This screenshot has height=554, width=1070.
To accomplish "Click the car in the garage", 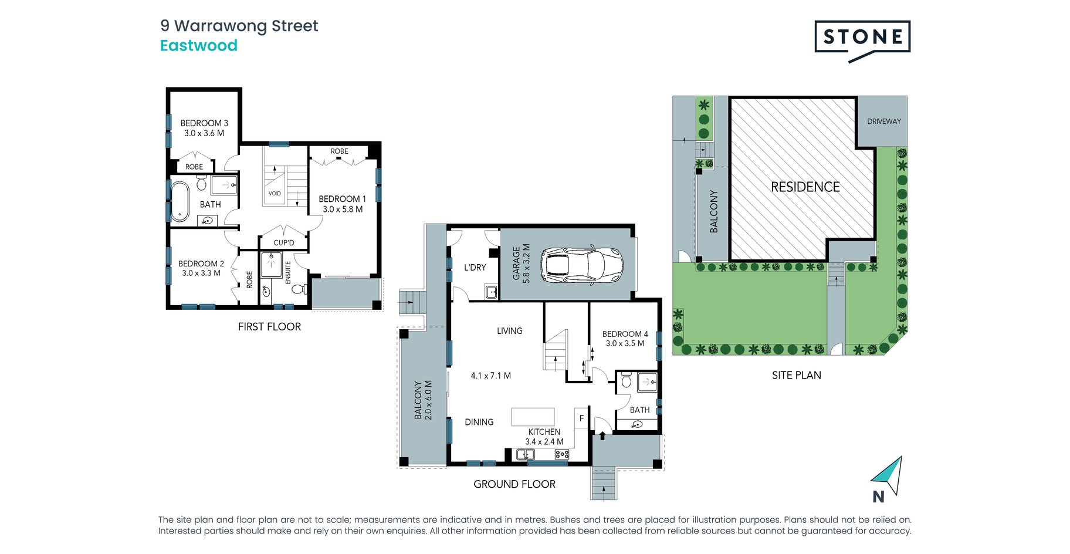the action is coord(581,265).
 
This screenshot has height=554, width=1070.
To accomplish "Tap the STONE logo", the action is coord(862,40).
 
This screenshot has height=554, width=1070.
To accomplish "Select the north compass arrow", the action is coord(889,475).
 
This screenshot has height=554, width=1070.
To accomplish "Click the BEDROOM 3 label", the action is coord(204,123).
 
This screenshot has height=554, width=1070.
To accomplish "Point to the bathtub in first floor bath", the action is coord(180,201).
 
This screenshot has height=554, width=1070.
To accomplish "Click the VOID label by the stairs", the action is coord(275,194).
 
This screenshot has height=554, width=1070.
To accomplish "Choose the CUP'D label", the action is coord(284,243).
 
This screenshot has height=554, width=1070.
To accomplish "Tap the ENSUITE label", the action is coord(288,273).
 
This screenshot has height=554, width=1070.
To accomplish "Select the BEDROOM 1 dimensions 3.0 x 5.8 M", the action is coord(343,210).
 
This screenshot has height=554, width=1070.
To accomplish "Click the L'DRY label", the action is coord(475,268).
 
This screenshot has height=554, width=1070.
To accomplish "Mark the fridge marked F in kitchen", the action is coord(581,418).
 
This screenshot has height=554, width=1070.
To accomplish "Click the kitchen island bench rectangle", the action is coord(533,417).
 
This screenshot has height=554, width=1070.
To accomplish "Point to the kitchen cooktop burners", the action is coord(562,454).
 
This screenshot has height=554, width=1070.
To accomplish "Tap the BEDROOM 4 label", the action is coord(625,334).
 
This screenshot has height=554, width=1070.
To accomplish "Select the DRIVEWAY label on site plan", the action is coord(884,121).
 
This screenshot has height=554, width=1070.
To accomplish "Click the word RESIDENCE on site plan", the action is coord(805,187).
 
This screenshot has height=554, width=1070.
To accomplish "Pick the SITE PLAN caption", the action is coord(797,376).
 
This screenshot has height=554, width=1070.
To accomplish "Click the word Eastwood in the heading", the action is coord(199,46).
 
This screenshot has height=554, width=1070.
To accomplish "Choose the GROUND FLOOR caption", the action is coord(514,484).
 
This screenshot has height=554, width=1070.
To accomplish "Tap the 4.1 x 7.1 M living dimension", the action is coord(491,376).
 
